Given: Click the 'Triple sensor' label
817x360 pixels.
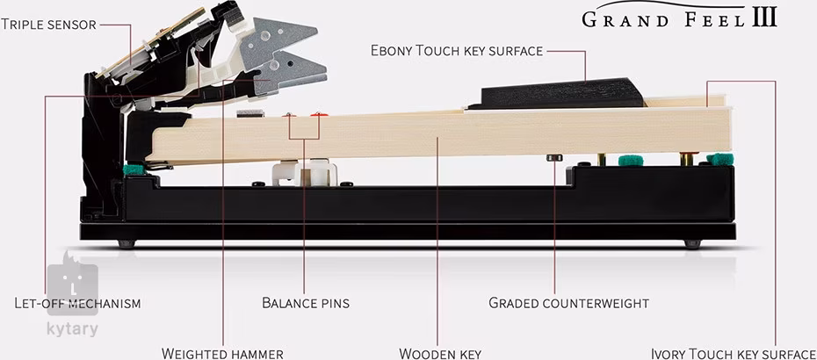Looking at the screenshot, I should tap(48, 24).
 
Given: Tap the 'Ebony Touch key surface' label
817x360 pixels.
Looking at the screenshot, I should tap(457, 51).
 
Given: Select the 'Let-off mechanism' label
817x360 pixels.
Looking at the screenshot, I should tap(77, 303).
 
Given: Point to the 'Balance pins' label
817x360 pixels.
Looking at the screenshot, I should tap(306, 303).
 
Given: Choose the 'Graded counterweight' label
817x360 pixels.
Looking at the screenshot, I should tap(568, 303).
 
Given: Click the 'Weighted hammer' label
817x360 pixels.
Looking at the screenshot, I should tap(222, 353).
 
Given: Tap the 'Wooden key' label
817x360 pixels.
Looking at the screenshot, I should tap(440, 353).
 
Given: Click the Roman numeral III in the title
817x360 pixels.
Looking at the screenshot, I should tap(764, 18).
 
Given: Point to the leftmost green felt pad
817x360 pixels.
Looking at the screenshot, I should tap(134, 169).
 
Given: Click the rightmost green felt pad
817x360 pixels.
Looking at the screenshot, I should tap(719, 159).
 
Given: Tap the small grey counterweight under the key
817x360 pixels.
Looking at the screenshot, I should tap(553, 158).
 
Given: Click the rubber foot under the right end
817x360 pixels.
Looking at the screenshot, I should tap(692, 244).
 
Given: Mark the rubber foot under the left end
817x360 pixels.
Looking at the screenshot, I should tap(127, 244).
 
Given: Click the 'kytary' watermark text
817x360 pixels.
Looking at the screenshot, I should tap(72, 330).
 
